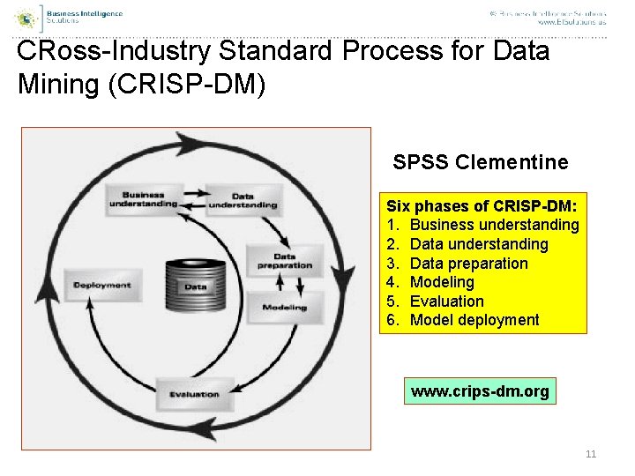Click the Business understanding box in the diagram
pos(143,200)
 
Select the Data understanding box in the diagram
pos(243,201)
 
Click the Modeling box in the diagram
pos(284,308)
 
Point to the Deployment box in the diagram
pos(102,286)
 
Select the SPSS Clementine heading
pos(481,162)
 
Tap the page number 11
pos(591,454)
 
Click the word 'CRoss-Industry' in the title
pos(114,52)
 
